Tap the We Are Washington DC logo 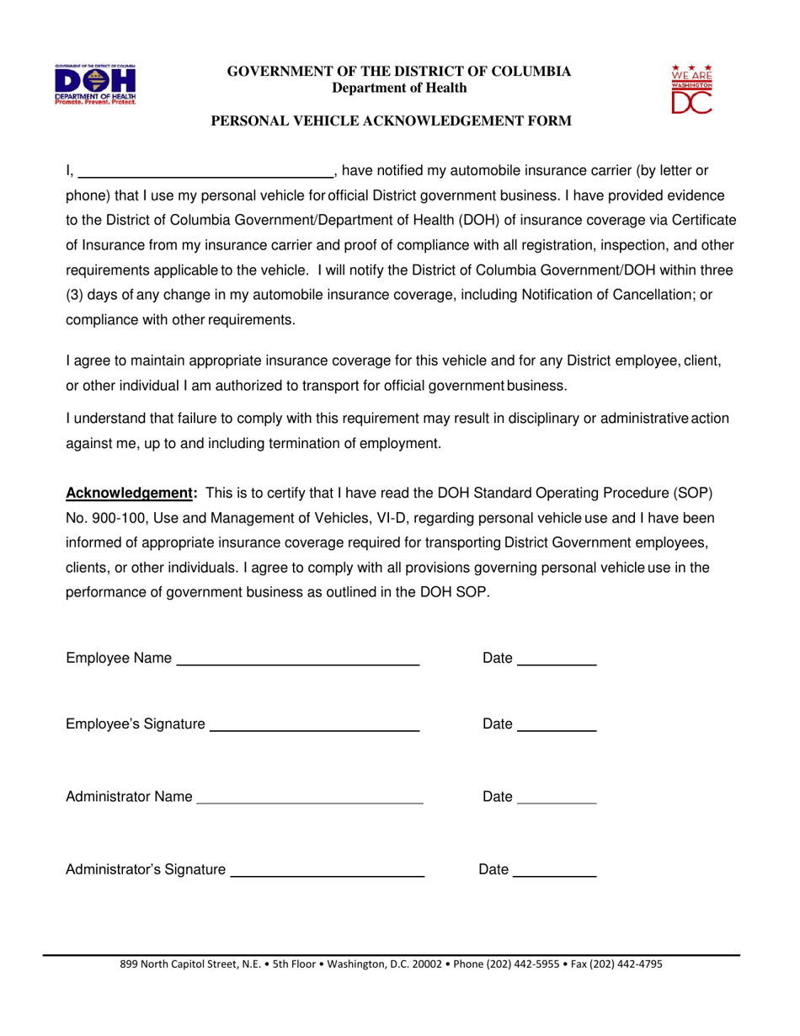coord(691,88)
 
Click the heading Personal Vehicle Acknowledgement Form coord(391,121)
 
